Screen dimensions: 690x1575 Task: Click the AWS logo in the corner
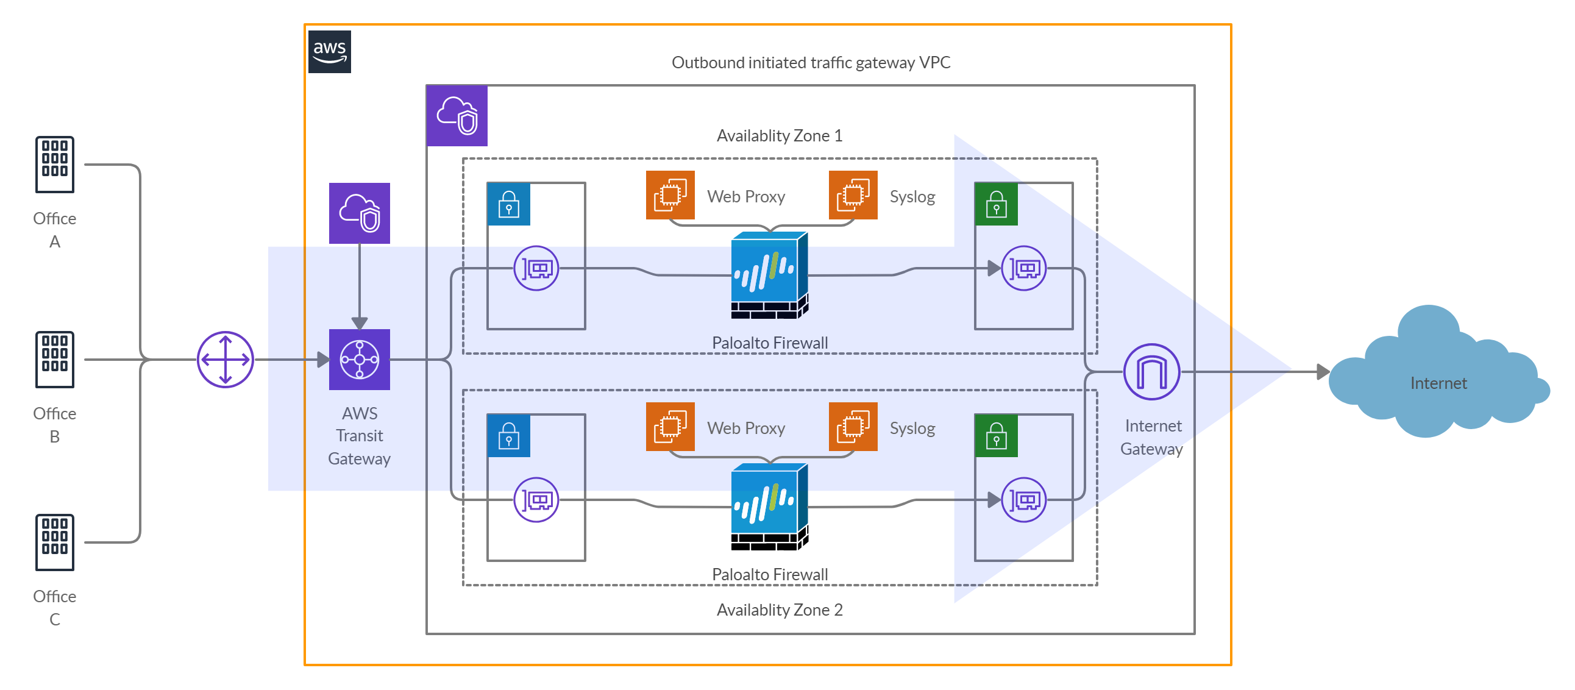click(x=330, y=52)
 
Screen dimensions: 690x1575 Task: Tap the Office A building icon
click(x=55, y=165)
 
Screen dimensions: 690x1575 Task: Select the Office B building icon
click(x=55, y=360)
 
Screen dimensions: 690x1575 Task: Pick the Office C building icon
click(x=55, y=542)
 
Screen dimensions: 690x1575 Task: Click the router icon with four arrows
click(x=226, y=360)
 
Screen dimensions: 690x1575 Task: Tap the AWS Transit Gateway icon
click(x=360, y=360)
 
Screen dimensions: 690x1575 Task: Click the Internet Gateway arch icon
click(x=1152, y=372)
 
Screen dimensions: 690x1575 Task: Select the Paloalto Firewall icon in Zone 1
click(x=770, y=276)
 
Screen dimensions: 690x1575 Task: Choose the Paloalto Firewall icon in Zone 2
click(x=770, y=507)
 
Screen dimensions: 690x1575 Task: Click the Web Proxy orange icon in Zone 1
click(x=670, y=195)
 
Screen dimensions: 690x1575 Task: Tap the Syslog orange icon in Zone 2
click(x=853, y=426)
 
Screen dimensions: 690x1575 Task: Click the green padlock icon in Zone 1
click(x=996, y=204)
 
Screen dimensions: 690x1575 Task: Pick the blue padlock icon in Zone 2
click(x=509, y=436)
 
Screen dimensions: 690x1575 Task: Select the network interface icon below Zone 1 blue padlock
click(x=536, y=269)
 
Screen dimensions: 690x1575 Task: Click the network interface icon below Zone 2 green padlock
click(x=1024, y=500)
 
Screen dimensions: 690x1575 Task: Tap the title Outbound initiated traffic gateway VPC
click(x=811, y=62)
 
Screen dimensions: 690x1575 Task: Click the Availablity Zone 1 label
click(x=780, y=136)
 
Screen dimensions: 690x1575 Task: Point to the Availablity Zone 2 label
click(x=780, y=610)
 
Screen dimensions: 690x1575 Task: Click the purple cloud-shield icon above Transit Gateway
click(x=360, y=213)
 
